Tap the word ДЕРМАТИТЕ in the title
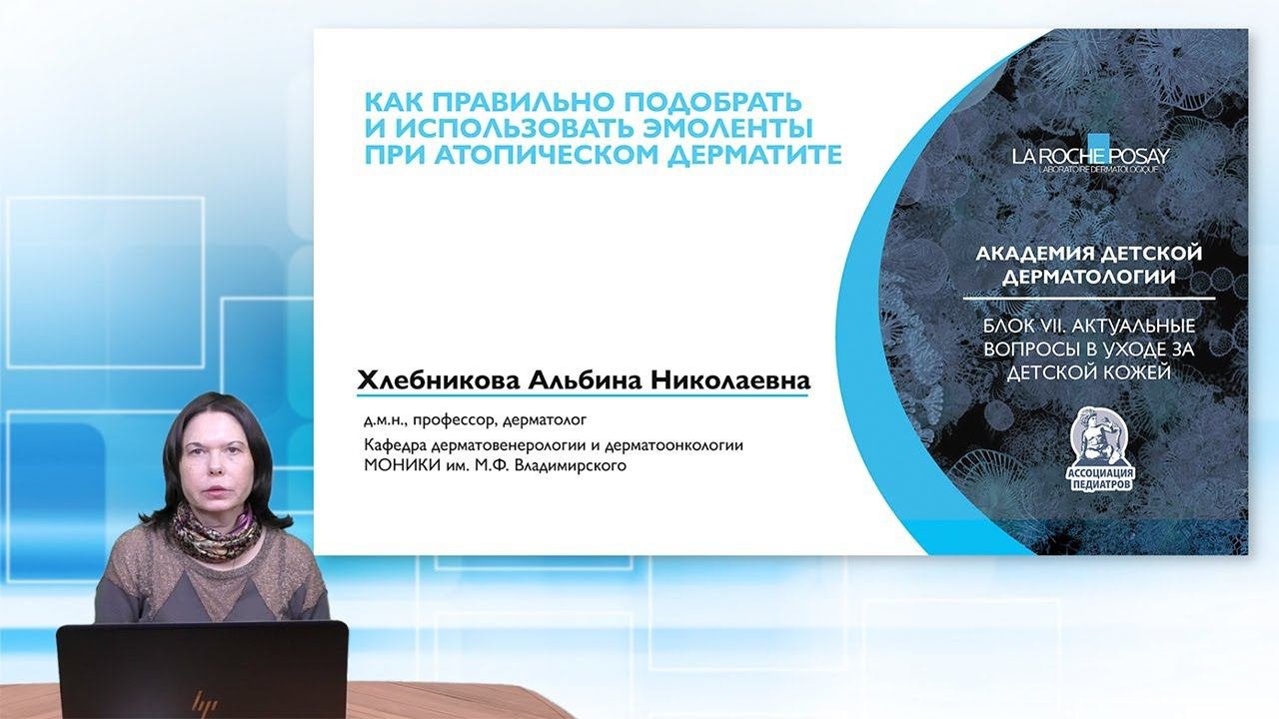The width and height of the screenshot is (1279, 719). (754, 155)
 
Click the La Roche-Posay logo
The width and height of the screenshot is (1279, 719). (1090, 155)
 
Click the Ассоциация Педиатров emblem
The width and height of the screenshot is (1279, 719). (1100, 449)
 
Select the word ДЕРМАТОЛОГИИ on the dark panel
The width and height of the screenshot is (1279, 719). (1089, 278)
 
